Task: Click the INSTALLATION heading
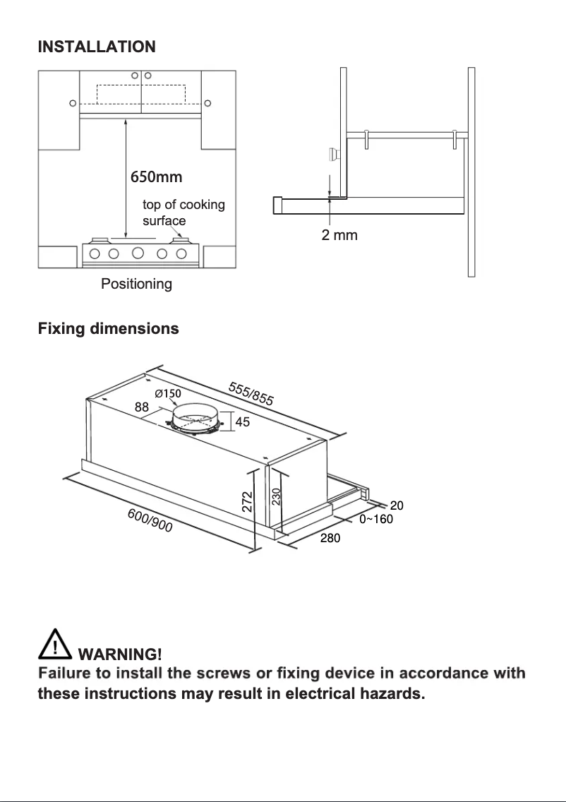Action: click(97, 47)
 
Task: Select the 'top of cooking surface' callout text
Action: click(183, 213)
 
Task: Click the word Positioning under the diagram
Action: click(136, 284)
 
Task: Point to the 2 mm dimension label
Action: click(339, 235)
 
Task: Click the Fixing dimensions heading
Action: click(108, 329)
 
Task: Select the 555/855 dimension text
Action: click(251, 393)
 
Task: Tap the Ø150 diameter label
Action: click(168, 393)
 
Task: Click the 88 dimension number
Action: click(142, 407)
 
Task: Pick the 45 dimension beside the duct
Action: click(242, 422)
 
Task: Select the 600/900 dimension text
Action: click(150, 520)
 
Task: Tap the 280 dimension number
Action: click(331, 539)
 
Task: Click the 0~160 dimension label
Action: click(376, 519)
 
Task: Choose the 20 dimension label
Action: click(397, 505)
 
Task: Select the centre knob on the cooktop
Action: click(138, 253)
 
